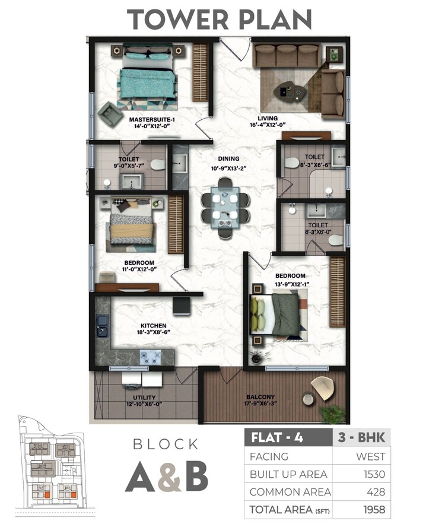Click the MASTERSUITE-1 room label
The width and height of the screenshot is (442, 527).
point(152,119)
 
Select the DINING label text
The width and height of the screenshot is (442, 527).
point(228,158)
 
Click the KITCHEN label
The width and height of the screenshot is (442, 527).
point(153,325)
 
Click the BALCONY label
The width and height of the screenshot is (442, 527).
point(260,397)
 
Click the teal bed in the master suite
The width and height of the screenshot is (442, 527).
point(147,80)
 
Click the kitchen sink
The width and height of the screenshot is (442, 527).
point(102,323)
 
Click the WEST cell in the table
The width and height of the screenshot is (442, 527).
point(371,456)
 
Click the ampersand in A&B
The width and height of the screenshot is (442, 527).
point(171,475)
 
